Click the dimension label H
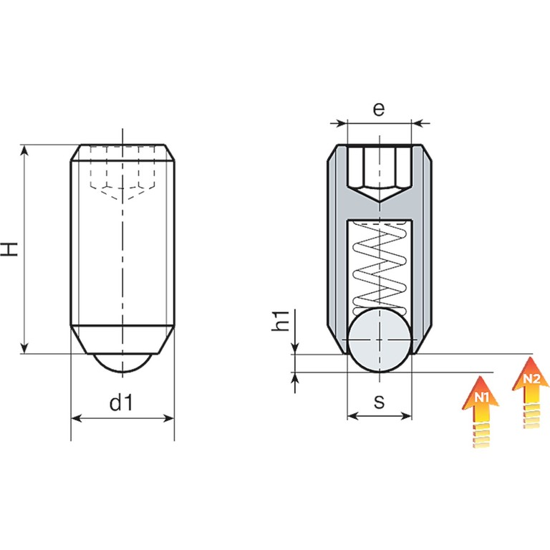click(9, 249)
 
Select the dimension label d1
click(121, 402)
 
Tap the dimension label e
click(379, 109)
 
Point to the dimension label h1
click(281, 321)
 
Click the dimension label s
click(379, 402)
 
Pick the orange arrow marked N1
click(481, 411)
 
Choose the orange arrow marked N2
click(531, 392)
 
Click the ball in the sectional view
click(379, 341)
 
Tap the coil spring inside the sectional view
click(379, 267)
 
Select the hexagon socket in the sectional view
click(379, 173)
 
